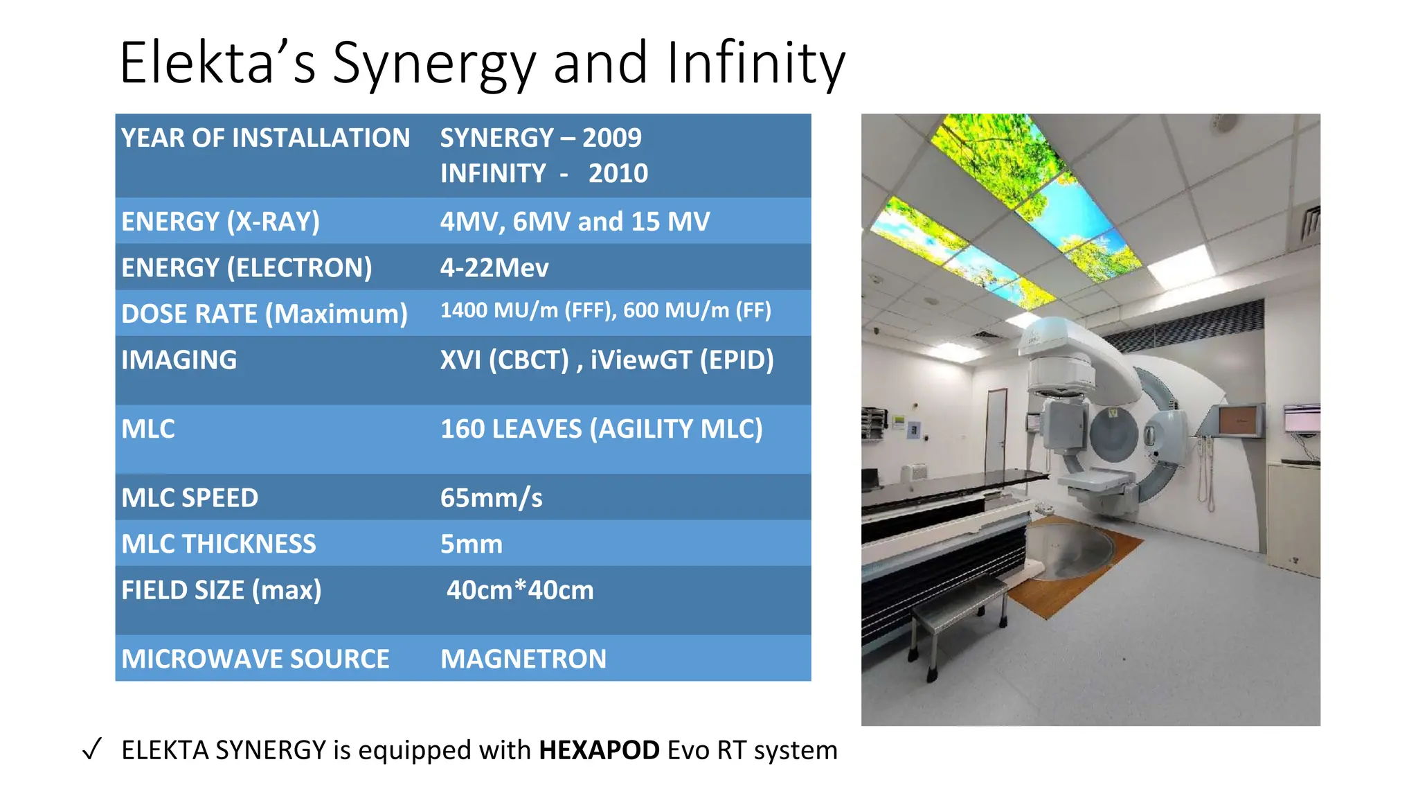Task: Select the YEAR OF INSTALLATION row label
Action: click(265, 138)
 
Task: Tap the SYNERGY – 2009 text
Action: click(541, 138)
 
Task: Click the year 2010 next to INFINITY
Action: click(618, 173)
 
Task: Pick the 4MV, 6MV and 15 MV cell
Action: click(575, 222)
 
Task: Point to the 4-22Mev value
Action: click(494, 267)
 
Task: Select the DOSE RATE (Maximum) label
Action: click(264, 314)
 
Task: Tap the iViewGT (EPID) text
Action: click(681, 360)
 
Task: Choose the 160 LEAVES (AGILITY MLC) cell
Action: click(601, 429)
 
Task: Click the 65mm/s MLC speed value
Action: click(491, 498)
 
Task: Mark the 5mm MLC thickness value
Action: click(472, 544)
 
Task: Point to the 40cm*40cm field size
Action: click(520, 590)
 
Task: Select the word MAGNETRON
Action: click(523, 659)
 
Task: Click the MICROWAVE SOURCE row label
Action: click(255, 659)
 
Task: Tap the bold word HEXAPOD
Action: click(599, 750)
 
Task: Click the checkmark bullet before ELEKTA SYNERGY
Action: click(92, 750)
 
